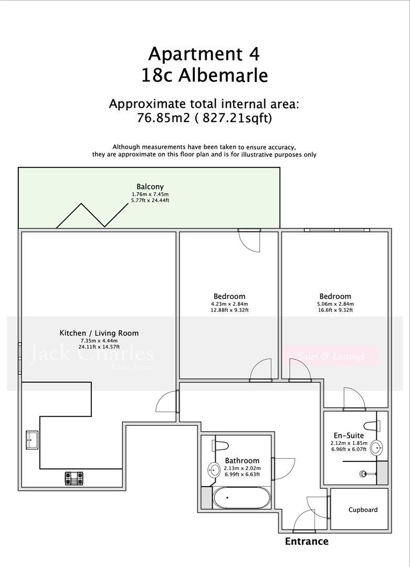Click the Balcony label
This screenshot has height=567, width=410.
tap(150, 187)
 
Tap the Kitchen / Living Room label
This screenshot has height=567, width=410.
tap(99, 333)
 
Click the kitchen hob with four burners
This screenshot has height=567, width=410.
tap(74, 478)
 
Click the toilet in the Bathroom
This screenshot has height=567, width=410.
tap(220, 446)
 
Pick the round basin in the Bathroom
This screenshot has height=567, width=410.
tap(214, 470)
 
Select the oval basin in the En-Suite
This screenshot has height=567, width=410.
tap(376, 448)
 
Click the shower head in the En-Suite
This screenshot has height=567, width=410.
tap(363, 474)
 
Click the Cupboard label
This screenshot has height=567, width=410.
tap(363, 510)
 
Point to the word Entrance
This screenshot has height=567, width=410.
tap(307, 541)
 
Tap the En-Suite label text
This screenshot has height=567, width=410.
tap(349, 436)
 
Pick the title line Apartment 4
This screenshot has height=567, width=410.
tap(204, 54)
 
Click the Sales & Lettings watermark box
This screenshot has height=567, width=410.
tap(331, 356)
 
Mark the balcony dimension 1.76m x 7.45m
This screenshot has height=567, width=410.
tap(150, 194)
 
